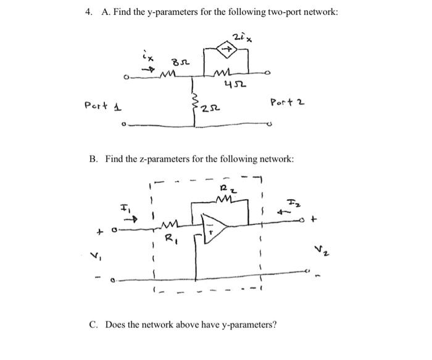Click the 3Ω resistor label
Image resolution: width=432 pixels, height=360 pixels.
[180, 62]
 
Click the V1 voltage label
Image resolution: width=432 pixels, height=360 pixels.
[96, 253]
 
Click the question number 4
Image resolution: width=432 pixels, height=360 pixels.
[89, 12]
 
